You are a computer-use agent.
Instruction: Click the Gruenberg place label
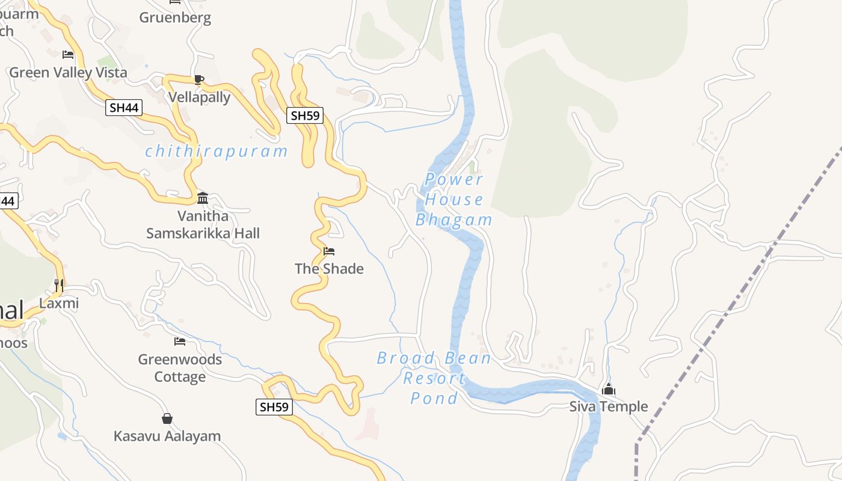(x=175, y=17)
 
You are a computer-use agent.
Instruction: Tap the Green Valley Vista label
(x=68, y=73)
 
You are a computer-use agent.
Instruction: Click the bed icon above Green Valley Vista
(x=68, y=55)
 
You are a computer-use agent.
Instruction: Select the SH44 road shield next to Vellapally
(x=124, y=108)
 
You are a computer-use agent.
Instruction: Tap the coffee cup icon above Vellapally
(x=199, y=79)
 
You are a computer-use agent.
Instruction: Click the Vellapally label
(x=199, y=97)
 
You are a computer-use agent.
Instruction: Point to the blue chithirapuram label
(x=217, y=151)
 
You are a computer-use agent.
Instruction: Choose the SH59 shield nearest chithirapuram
(x=305, y=115)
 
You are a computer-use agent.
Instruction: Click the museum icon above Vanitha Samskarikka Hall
(x=203, y=198)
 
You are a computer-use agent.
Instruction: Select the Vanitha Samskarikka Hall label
(x=203, y=224)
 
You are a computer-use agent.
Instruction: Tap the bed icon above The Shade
(x=329, y=251)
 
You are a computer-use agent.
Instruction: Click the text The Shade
(x=329, y=269)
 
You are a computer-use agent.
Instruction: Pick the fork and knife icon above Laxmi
(x=59, y=285)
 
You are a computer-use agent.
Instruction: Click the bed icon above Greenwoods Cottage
(x=180, y=342)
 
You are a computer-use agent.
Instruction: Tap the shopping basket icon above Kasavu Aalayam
(x=167, y=418)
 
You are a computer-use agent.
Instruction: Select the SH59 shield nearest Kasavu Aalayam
(x=274, y=407)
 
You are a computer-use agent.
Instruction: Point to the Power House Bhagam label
(x=454, y=200)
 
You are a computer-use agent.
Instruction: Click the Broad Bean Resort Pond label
(x=434, y=378)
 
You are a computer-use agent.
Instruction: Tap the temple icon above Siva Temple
(x=609, y=390)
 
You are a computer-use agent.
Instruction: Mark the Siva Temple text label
(x=609, y=407)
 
